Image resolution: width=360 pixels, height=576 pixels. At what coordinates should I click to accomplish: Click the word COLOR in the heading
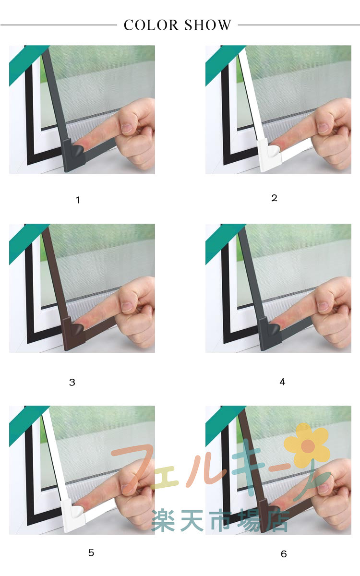pyautogui.click(x=151, y=25)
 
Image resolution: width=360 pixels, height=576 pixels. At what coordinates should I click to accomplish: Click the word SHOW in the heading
pyautogui.click(x=208, y=25)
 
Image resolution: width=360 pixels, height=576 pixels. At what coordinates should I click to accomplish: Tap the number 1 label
pyautogui.click(x=78, y=200)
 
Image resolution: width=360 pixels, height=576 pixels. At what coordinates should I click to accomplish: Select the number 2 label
pyautogui.click(x=275, y=198)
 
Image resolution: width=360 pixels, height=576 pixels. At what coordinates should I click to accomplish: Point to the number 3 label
pyautogui.click(x=72, y=383)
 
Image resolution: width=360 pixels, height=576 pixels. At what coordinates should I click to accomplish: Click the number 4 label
pyautogui.click(x=282, y=382)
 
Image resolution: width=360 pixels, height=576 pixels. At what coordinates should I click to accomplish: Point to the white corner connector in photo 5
pyautogui.click(x=73, y=516)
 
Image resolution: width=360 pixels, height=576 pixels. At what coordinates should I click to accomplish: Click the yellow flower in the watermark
pyautogui.click(x=307, y=446)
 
